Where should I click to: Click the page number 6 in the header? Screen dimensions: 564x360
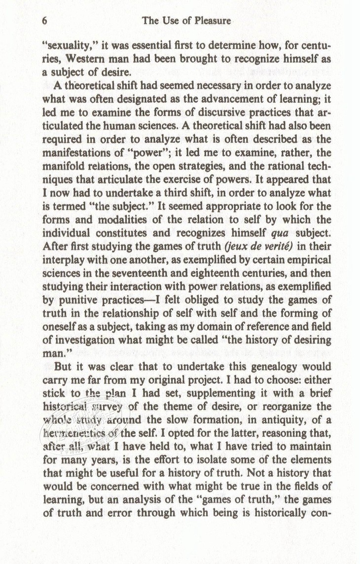click(44, 21)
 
